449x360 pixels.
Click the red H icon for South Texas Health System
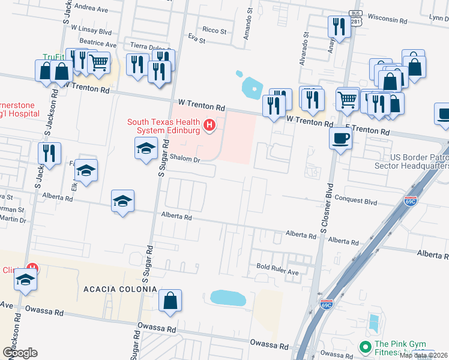(x=209, y=125)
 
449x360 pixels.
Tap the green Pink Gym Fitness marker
(x=364, y=347)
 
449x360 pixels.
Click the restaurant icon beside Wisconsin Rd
(x=339, y=26)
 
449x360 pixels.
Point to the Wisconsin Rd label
(x=388, y=19)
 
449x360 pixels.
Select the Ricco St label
(x=214, y=31)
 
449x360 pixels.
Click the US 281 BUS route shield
(x=356, y=17)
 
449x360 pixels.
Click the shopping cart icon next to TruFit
(x=98, y=61)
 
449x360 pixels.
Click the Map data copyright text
(x=423, y=355)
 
